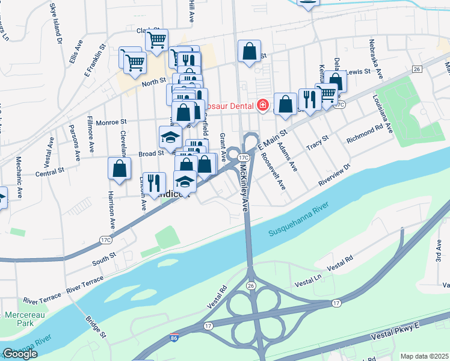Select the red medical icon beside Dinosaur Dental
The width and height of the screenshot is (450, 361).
coord(262,106)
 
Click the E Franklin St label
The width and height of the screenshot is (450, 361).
coord(95,60)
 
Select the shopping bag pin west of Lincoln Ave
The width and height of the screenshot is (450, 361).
coord(120,169)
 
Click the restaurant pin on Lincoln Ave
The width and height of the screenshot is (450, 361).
coord(154,184)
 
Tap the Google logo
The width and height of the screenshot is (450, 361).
coord(20,354)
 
